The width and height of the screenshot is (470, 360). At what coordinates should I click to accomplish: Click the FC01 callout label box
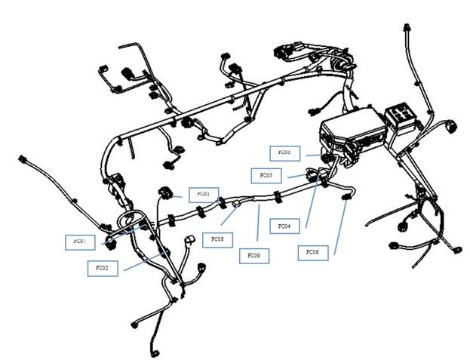[x=203, y=194]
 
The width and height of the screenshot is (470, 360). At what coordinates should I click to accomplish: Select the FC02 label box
[x=103, y=268]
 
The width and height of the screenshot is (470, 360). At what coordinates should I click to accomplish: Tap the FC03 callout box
[x=284, y=152]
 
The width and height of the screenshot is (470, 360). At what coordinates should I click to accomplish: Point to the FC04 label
[x=284, y=226]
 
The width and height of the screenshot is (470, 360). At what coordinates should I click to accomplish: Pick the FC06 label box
[x=312, y=251]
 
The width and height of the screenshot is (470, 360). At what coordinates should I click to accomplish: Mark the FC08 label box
[x=217, y=240]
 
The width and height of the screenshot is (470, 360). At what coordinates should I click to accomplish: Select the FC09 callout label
[x=253, y=256]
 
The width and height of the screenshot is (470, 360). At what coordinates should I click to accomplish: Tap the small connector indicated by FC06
[x=347, y=198]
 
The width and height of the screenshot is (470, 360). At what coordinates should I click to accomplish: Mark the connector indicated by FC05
[x=313, y=175]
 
